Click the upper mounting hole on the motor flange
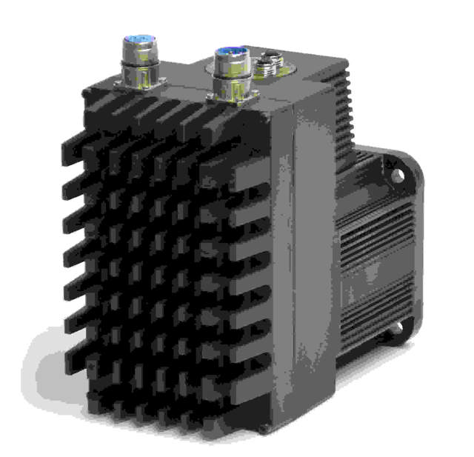pos(398,176)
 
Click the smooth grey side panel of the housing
pos(315,244)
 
